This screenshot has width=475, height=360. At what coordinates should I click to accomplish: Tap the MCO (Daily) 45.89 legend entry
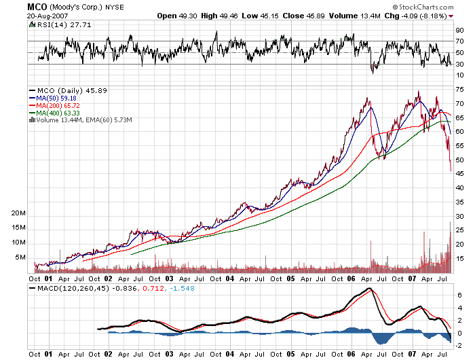pyautogui.click(x=62, y=90)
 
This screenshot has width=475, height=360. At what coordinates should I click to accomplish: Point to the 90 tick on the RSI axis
pyautogui.click(x=459, y=30)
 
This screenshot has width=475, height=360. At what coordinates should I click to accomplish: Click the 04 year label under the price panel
pyautogui.click(x=230, y=278)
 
